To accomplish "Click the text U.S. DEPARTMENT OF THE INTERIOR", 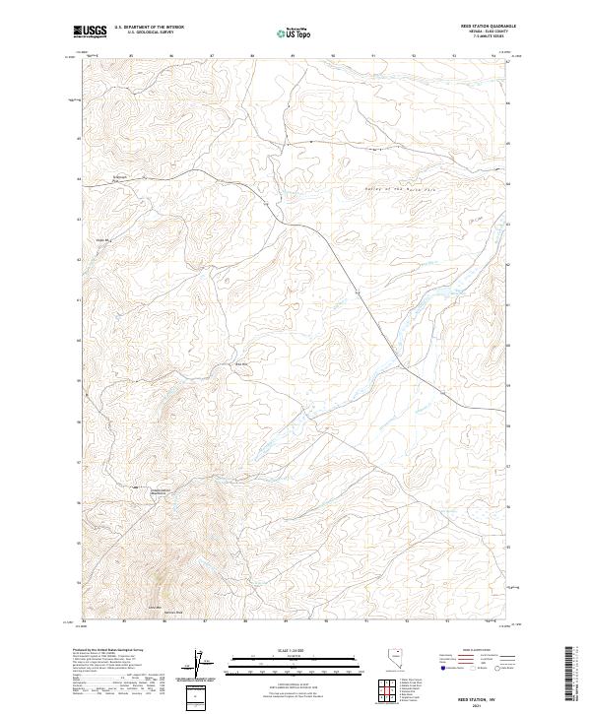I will click(149, 27).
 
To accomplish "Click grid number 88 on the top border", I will click(253, 56).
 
